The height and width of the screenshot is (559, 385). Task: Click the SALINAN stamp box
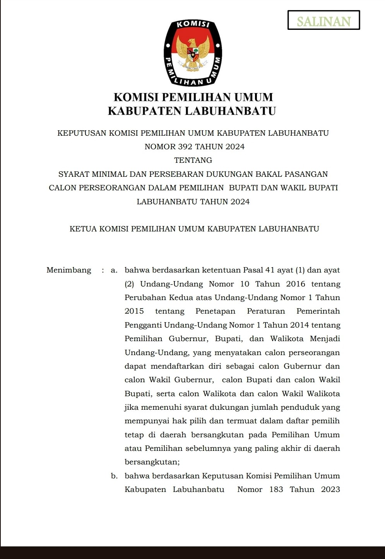323,20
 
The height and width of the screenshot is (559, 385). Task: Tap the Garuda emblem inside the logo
193,53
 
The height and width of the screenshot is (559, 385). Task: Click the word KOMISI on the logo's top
193,24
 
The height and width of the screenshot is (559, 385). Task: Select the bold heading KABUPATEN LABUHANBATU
192,111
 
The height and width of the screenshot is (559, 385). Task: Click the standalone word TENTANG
193,160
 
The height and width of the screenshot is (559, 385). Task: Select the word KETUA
83,229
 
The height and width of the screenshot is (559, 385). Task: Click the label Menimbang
69,270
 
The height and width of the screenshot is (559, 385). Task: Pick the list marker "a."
114,270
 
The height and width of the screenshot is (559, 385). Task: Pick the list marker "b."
114,476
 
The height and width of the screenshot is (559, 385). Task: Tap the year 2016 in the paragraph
296,284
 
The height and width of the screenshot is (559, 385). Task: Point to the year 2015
134,311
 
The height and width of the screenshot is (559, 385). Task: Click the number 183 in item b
276,490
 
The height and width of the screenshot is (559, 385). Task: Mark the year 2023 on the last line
330,490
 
